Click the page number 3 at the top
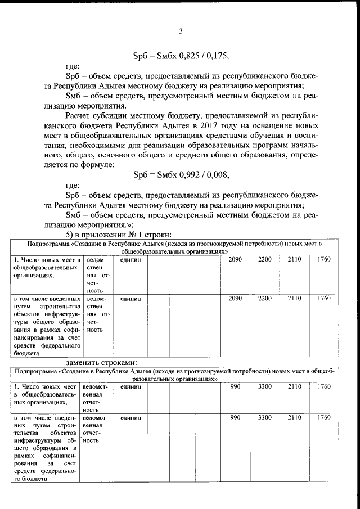point(181,31)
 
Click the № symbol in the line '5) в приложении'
point(133,235)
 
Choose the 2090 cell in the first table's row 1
point(235,259)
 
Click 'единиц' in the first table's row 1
point(130,259)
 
